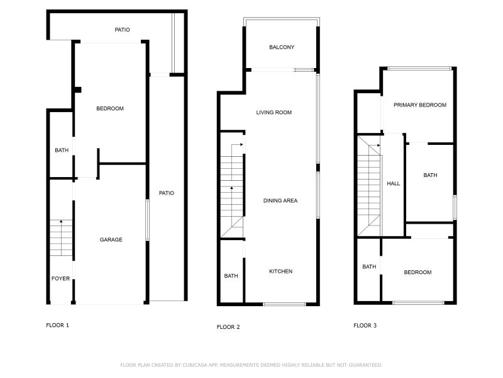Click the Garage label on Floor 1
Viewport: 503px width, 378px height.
pyautogui.click(x=111, y=239)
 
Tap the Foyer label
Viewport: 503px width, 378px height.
pyautogui.click(x=60, y=278)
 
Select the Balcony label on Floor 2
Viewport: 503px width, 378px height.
pyautogui.click(x=281, y=47)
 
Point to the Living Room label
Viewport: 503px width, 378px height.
pyautogui.click(x=274, y=113)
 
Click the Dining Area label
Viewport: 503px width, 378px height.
pyautogui.click(x=280, y=201)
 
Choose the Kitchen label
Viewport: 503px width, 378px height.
pyautogui.click(x=280, y=272)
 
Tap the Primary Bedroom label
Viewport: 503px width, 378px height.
pyautogui.click(x=419, y=105)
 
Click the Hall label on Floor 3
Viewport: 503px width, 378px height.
pyautogui.click(x=393, y=183)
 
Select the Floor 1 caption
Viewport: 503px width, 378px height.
pyautogui.click(x=58, y=325)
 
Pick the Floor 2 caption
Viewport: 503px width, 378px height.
pyautogui.click(x=228, y=327)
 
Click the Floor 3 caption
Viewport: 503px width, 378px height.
pyautogui.click(x=365, y=326)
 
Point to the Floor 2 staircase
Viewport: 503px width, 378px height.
pyautogui.click(x=231, y=189)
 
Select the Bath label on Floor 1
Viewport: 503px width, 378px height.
pyautogui.click(x=61, y=151)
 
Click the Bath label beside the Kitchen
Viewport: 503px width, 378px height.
pyautogui.click(x=231, y=276)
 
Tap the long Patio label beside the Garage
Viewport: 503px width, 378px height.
pyautogui.click(x=166, y=193)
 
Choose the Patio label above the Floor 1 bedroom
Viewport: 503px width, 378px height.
pyautogui.click(x=122, y=30)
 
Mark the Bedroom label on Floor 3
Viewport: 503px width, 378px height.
pyautogui.click(x=417, y=272)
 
